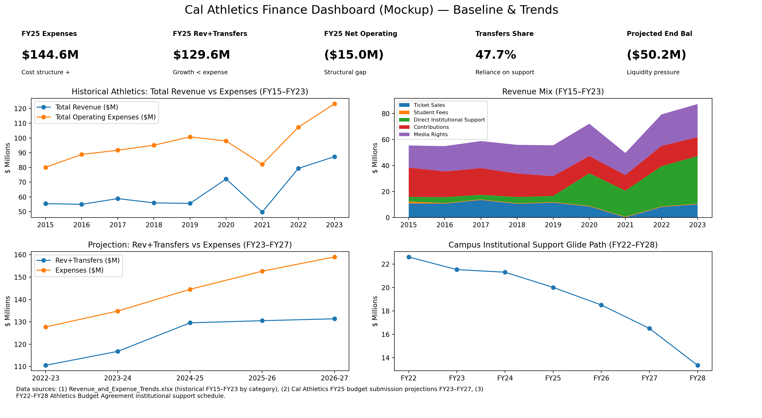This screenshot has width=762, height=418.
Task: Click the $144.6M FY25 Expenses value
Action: [50, 55]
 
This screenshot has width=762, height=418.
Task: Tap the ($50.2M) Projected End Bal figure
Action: [656, 55]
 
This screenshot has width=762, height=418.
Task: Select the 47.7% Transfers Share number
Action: [496, 55]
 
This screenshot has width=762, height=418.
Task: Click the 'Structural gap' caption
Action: [345, 72]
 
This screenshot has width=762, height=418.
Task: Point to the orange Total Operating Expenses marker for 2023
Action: [335, 104]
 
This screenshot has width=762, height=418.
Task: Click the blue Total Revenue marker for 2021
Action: [262, 212]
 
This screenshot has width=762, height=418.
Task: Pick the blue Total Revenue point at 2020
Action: [226, 179]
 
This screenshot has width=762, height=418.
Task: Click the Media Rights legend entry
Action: [430, 134]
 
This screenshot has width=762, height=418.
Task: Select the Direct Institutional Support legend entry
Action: [449, 120]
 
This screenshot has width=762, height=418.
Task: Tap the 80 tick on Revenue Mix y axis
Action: [386, 113]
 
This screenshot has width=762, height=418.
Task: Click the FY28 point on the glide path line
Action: [697, 365]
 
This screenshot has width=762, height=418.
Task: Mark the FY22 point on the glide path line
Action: [409, 257]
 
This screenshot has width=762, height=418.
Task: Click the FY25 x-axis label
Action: [553, 378]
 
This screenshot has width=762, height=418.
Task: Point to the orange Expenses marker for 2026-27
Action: [335, 257]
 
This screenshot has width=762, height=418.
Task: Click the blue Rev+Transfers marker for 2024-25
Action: [190, 323]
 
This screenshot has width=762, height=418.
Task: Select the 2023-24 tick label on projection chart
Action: [118, 378]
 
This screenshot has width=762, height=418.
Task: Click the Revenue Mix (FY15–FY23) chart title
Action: [553, 92]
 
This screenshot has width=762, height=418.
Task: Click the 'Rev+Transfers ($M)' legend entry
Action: [87, 260]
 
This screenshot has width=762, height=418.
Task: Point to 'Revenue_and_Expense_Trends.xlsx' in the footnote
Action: [120, 389]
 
